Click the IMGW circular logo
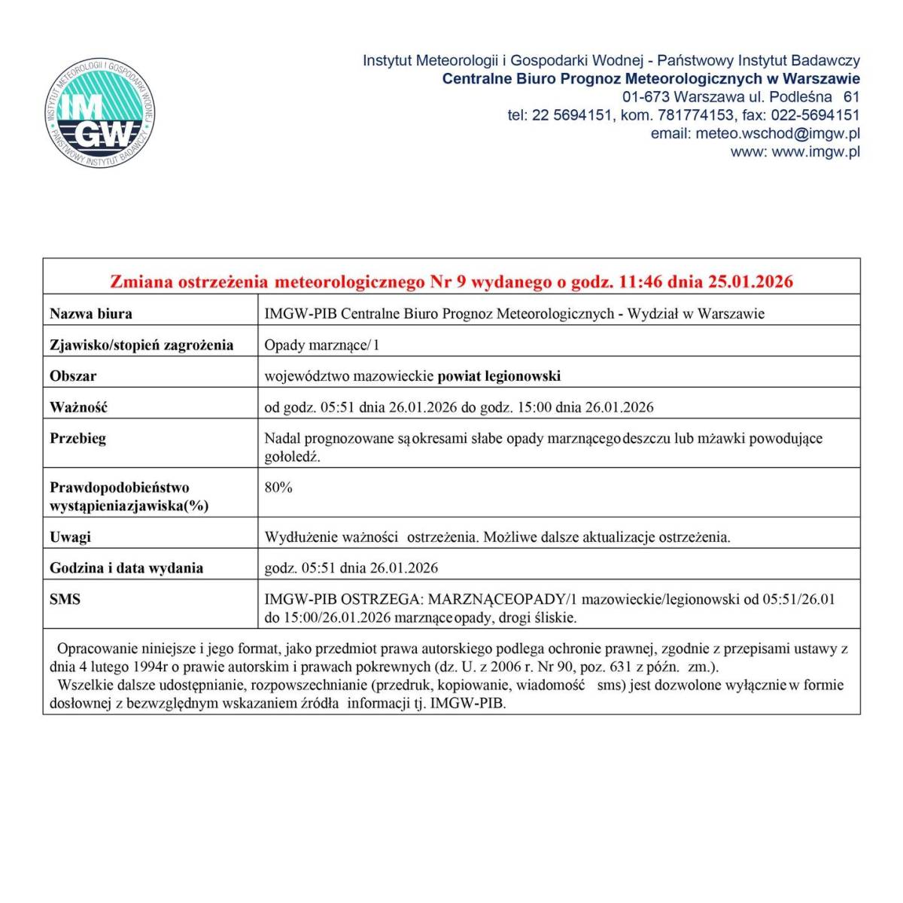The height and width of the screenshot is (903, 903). pos(100,114)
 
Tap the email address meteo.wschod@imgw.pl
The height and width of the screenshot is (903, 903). pos(778,134)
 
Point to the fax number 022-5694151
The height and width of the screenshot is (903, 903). pos(816,115)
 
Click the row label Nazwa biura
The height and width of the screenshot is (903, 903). pos(90,314)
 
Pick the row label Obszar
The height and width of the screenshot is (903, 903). pos(73,376)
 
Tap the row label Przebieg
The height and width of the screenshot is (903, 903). pos(78,438)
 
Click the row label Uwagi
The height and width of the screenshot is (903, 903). pos(70,537)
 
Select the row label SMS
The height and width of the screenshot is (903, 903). pos(65,600)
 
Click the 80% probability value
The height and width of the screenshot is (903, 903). pos(278,488)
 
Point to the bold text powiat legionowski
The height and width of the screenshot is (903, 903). pos(499,376)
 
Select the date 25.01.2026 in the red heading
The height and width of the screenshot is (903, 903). pos(751,282)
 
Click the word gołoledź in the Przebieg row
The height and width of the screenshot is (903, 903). pos(292,457)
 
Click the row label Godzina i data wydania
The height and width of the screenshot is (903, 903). pos(126,568)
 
